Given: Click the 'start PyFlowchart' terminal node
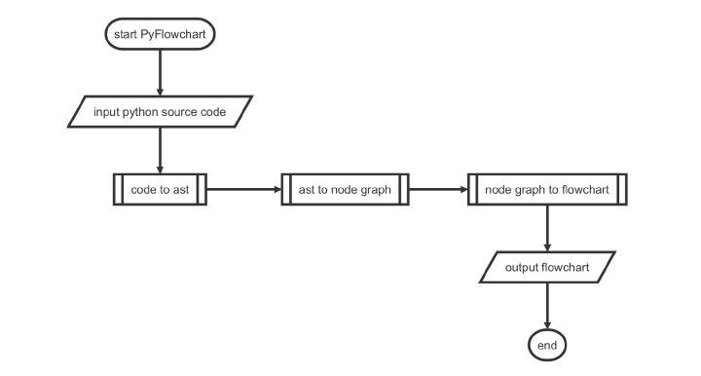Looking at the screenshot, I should click(x=159, y=34).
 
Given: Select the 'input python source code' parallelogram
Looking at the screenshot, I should click(x=160, y=112).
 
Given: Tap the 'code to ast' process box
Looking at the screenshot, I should click(x=160, y=190).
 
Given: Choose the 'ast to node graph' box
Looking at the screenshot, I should click(x=346, y=190).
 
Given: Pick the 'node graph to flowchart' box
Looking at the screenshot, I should click(x=547, y=190).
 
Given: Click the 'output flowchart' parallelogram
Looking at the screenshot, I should click(x=547, y=268).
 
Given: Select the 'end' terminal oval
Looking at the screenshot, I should click(x=547, y=345).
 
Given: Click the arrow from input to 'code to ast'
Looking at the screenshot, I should click(x=159, y=150).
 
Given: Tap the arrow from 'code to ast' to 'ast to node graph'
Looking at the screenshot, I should click(x=243, y=190).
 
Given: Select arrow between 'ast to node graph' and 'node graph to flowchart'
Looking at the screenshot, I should click(x=438, y=190).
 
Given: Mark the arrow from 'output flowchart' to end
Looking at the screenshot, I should click(x=547, y=306).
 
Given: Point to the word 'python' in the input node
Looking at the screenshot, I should click(x=143, y=112).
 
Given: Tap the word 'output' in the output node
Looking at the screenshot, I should click(x=523, y=268).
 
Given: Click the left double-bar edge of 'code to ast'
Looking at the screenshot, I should click(x=117, y=190).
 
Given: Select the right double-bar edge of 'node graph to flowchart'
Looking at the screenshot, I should click(x=621, y=190).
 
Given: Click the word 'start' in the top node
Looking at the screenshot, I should click(x=127, y=34).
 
